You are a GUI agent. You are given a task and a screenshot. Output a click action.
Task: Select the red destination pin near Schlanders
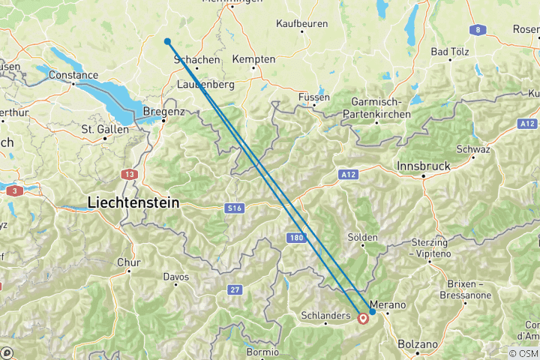coord(364,318)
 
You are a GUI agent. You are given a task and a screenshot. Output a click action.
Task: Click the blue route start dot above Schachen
coord(167,42)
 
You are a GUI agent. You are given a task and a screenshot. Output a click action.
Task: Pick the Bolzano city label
coord(418,344)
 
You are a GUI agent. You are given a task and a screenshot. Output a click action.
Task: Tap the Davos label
coord(176,277)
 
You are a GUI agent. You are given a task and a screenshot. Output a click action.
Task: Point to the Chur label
coord(129,262)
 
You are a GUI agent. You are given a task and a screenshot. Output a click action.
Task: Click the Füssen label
coord(313,97)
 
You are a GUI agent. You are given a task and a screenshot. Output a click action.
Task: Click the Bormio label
coord(262,351)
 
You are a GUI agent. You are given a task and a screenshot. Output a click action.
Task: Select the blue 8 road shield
coord(476,30)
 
